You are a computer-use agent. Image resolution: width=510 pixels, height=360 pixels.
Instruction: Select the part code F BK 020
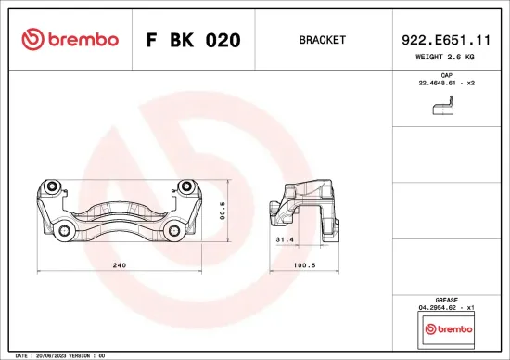(194, 40)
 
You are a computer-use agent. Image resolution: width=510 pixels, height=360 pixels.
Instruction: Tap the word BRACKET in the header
(323, 40)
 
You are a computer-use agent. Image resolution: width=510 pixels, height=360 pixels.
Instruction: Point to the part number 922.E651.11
(446, 40)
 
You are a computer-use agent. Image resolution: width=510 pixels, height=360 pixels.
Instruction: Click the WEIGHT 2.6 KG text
(446, 58)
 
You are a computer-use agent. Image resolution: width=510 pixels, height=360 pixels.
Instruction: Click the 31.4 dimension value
(286, 238)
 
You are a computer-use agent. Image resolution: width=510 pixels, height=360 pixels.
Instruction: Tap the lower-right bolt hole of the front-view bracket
(173, 230)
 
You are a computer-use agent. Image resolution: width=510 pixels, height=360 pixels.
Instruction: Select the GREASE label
(446, 299)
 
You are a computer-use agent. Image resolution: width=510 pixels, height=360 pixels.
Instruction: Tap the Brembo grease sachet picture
(446, 328)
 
